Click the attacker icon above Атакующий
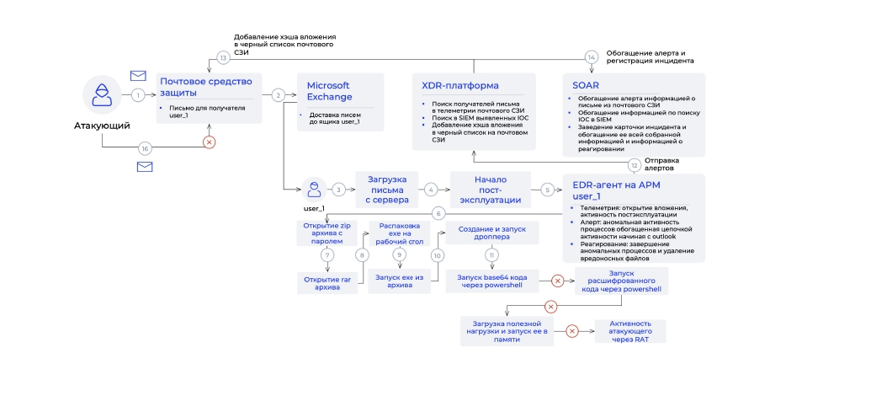pos(103,95)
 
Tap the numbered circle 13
pos(223,58)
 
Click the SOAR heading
pos(586,86)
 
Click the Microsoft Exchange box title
pos(327,91)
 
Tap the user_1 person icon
pos(314,189)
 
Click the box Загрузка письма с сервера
pos(387,190)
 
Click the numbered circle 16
pos(145,148)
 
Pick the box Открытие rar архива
pos(328,283)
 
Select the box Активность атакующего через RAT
pos(629,331)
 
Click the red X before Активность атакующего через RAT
pos(572,331)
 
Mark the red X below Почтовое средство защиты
pos(210,142)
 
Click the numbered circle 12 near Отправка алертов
pos(634,166)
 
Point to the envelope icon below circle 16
pos(145,167)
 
